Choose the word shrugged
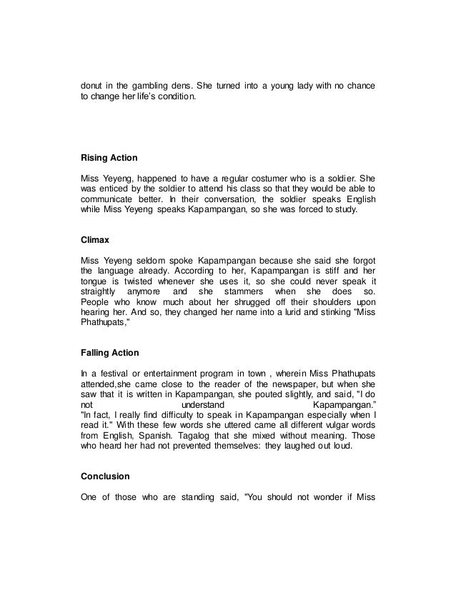235,302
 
